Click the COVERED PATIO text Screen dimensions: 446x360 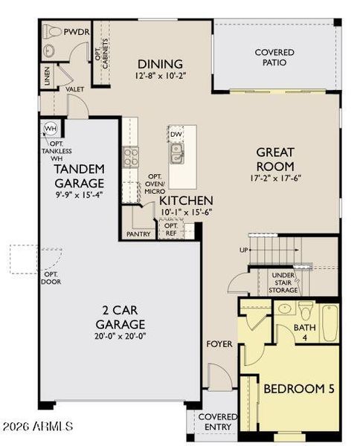click(274, 57)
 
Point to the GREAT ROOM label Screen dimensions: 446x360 click(275, 158)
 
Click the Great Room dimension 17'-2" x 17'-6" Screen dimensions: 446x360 click(275, 178)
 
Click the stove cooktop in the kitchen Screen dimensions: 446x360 click(130, 156)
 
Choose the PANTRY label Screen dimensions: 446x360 click(138, 234)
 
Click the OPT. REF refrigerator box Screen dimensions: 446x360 click(170, 229)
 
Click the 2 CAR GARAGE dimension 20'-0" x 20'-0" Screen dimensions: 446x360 click(119, 335)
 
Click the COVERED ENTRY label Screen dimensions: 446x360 click(217, 421)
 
